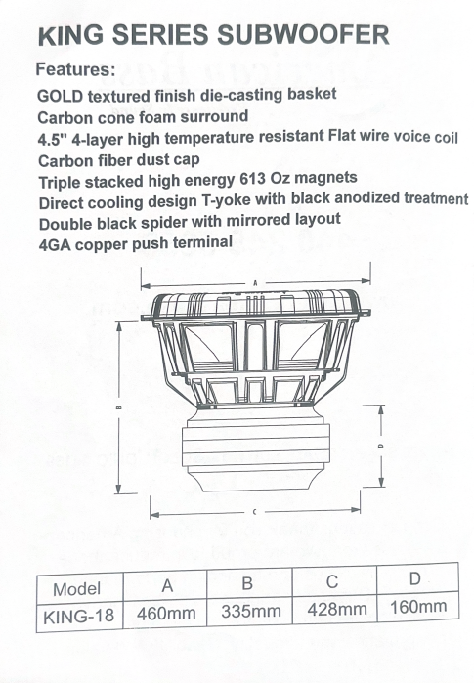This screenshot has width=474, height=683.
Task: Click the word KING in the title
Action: click(71, 36)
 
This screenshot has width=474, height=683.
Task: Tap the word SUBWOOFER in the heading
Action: click(303, 34)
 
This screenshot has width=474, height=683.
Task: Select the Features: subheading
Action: click(75, 69)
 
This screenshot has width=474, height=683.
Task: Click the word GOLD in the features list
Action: click(61, 97)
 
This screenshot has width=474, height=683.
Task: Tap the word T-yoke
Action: click(226, 201)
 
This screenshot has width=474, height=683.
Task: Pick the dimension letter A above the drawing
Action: click(255, 283)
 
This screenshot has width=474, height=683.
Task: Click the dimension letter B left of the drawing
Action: click(119, 408)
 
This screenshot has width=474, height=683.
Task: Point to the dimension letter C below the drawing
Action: click(254, 512)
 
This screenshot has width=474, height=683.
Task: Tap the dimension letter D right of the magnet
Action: click(380, 446)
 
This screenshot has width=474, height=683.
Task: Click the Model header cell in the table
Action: click(76, 589)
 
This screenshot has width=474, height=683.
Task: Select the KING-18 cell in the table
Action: click(78, 617)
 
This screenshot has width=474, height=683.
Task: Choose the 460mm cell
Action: click(166, 614)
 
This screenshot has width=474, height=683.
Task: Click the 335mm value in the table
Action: click(250, 611)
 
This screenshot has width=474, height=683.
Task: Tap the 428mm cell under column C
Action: click(337, 609)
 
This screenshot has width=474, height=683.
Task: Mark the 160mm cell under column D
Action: click(418, 607)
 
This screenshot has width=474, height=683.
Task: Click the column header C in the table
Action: click(332, 581)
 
